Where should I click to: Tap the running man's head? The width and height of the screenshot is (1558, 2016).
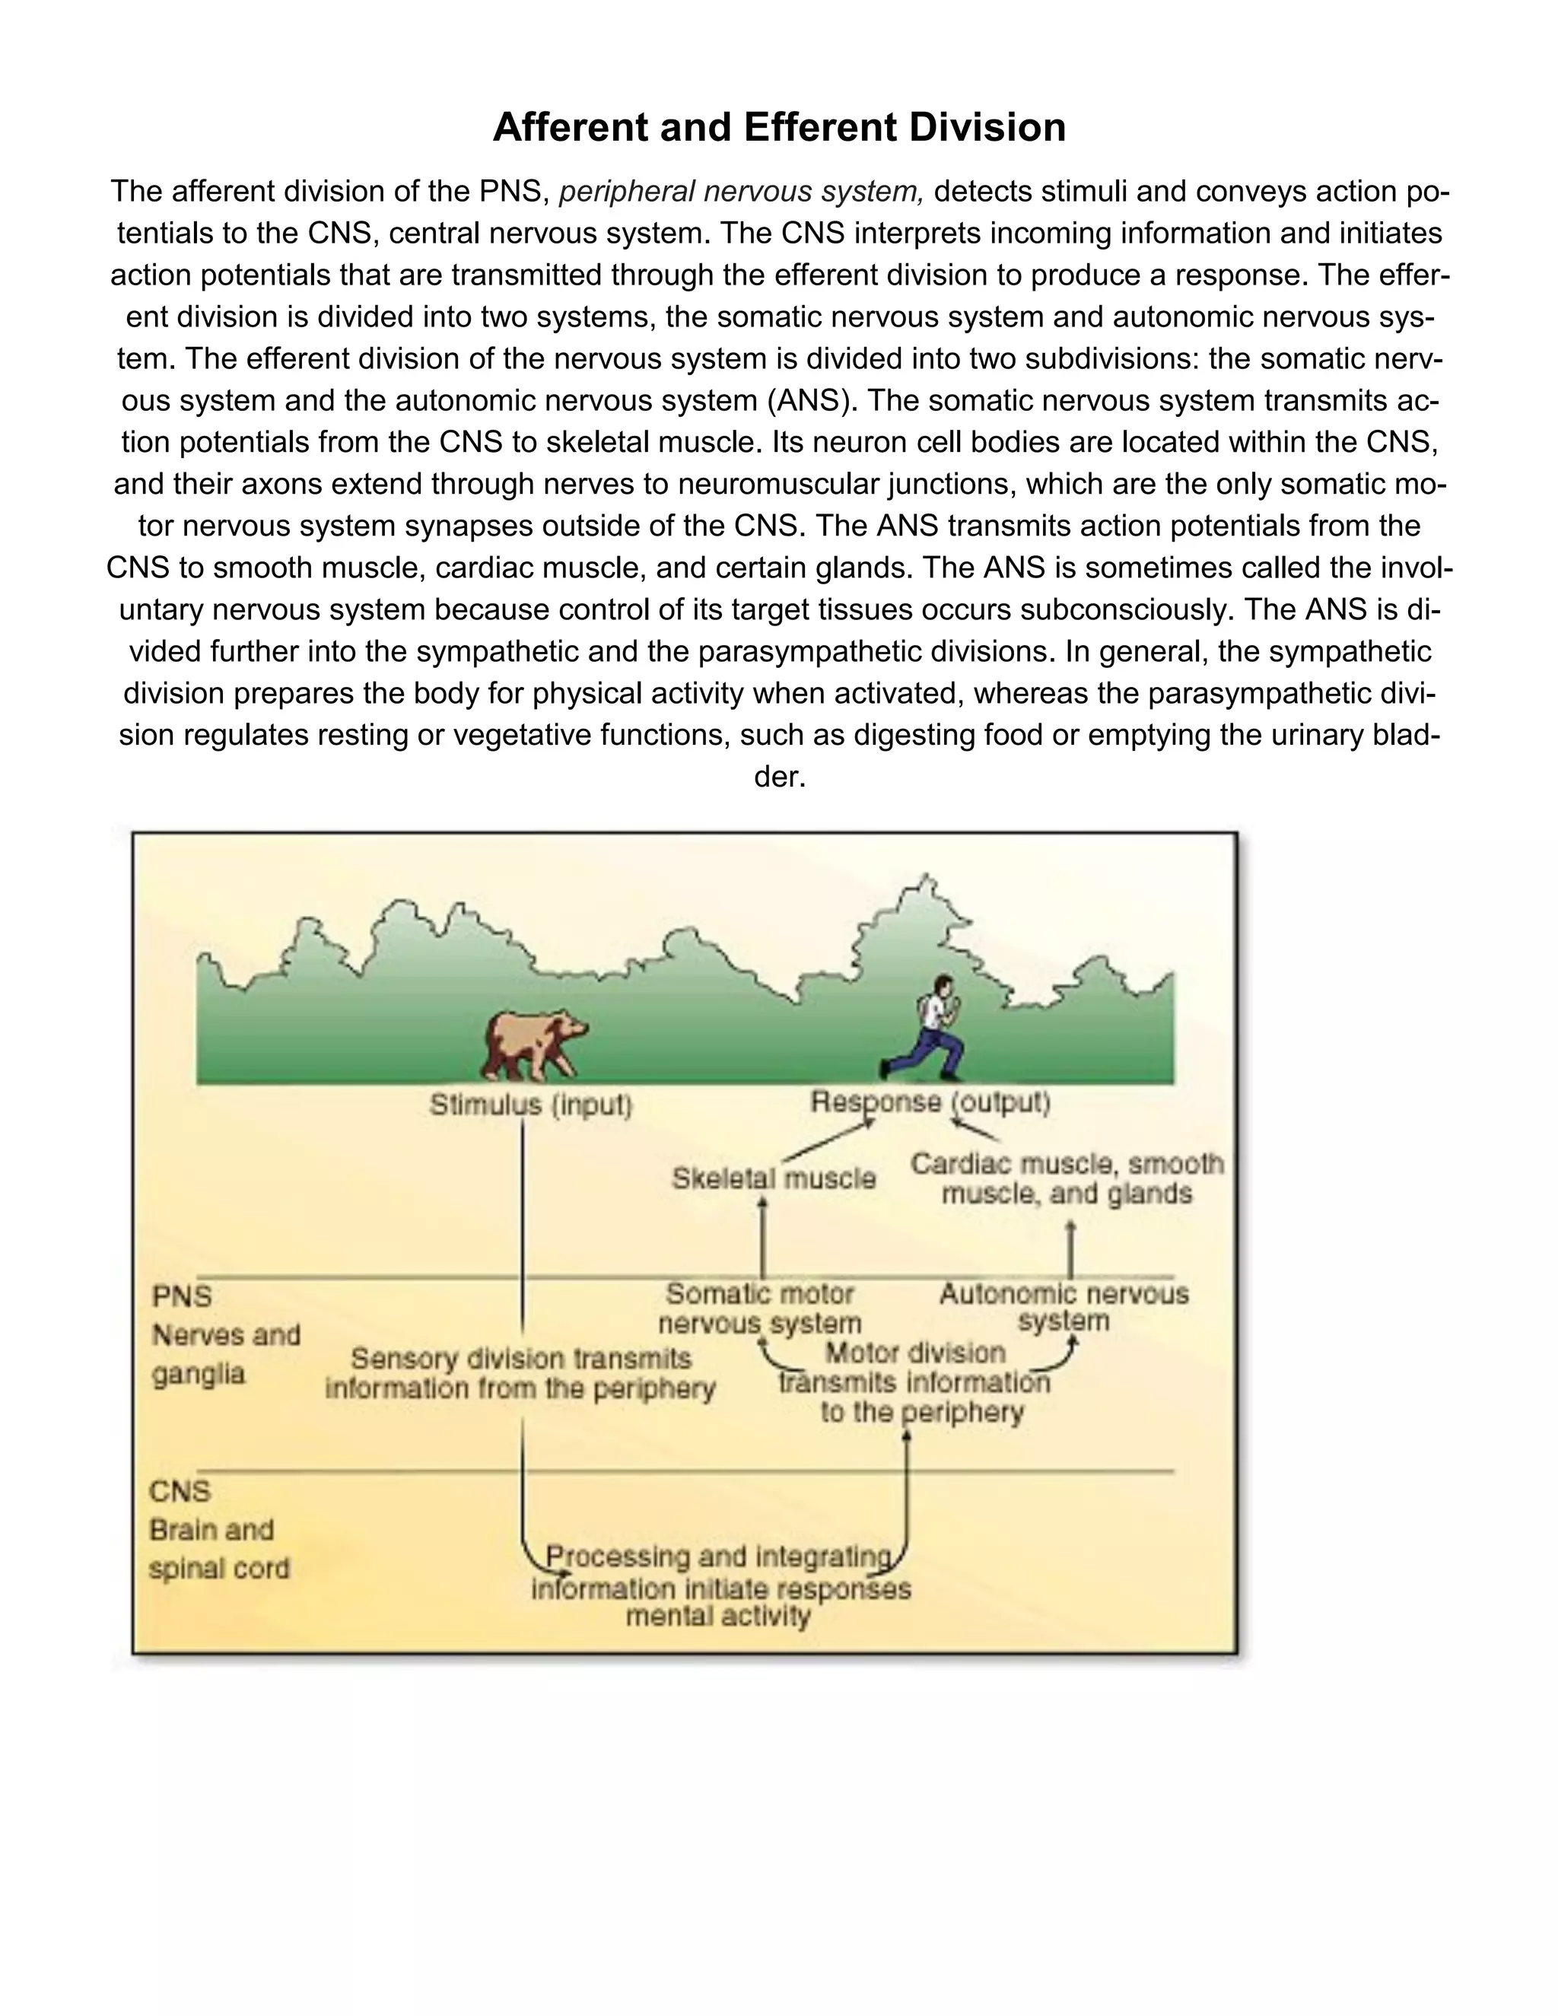tap(943, 986)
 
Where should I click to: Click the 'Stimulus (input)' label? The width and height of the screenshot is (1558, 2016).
tap(531, 1105)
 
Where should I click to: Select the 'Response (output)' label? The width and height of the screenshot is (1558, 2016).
tap(930, 1102)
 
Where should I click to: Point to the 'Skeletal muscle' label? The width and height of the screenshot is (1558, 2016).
tap(774, 1178)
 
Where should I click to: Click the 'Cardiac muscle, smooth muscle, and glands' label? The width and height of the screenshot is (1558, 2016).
tap(1067, 1178)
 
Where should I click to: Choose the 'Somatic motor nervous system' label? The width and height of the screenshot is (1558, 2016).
tap(760, 1308)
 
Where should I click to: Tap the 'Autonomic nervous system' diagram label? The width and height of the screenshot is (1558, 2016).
tap(1064, 1307)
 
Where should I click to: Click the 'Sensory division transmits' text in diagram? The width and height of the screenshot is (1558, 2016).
tap(520, 1358)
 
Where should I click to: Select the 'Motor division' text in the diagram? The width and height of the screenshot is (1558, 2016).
tap(914, 1353)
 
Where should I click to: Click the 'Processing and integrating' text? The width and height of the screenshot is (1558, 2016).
tap(719, 1557)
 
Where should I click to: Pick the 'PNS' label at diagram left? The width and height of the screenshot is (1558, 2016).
tap(182, 1296)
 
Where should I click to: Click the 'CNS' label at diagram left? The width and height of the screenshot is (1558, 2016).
tap(180, 1491)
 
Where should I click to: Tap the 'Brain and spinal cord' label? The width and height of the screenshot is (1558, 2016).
tap(219, 1549)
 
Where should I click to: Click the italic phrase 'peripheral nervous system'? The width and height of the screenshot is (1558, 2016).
tap(741, 192)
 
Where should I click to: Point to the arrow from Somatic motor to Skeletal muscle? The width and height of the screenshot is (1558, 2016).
tap(762, 1237)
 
